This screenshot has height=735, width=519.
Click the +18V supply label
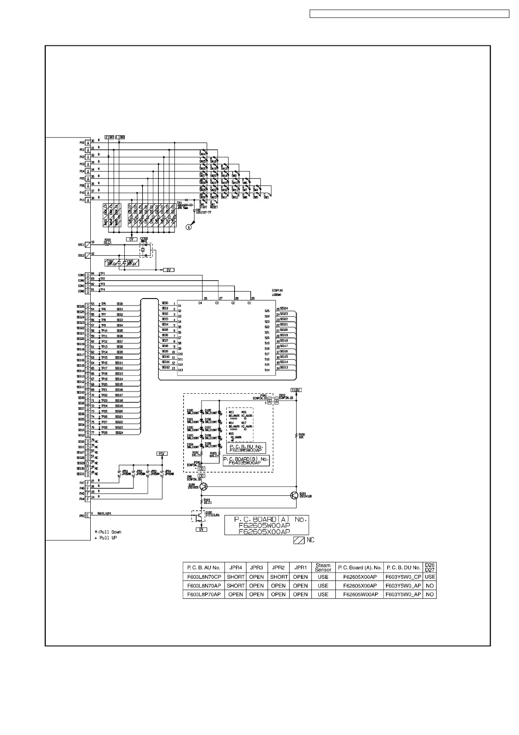coord(296,390)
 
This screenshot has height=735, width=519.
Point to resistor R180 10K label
coord(301,436)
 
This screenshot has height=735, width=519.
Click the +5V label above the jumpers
coord(161,454)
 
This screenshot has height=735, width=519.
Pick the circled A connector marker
coord(189,227)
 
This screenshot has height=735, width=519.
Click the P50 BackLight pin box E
coord(88,515)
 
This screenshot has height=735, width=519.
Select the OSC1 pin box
coord(88,244)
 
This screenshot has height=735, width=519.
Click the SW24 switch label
coord(202,154)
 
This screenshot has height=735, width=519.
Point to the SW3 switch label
coord(266,197)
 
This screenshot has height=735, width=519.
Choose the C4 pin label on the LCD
coord(200,302)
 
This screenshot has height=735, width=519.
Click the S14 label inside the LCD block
coord(267,370)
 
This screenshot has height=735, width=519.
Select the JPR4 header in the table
coord(236,568)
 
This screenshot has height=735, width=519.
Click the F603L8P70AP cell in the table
coord(204,594)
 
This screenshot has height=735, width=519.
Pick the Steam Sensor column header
coord(323,568)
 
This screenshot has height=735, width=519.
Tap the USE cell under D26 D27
coord(430,577)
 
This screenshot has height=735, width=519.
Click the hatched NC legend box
coord(299,540)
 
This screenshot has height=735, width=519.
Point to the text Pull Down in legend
coord(110,532)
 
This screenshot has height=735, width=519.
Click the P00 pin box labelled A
coord(88,143)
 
